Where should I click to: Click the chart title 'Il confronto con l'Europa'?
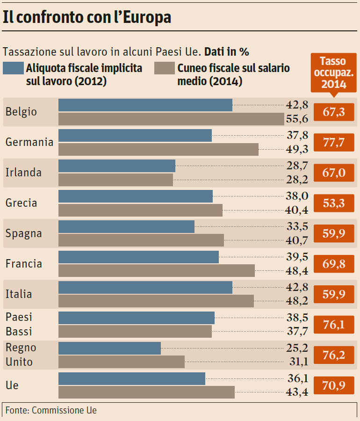pyautogui.click(x=87, y=17)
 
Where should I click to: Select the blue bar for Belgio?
pyautogui.click(x=145, y=105)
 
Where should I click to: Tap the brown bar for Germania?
pyautogui.click(x=158, y=149)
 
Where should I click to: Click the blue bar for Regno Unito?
pyautogui.click(x=109, y=348)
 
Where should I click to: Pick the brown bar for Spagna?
pyautogui.click(x=141, y=240)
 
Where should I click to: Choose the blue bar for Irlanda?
pyautogui.click(x=116, y=166)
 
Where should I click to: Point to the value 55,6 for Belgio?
pyautogui.click(x=297, y=119)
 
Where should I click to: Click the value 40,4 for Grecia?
pyautogui.click(x=297, y=210)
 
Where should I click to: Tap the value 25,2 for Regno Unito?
pyautogui.click(x=297, y=348)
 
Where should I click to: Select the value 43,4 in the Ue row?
pyautogui.click(x=297, y=392)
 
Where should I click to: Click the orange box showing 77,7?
pyautogui.click(x=334, y=142)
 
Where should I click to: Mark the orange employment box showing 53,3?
pyautogui.click(x=334, y=203)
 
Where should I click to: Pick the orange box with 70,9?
pyautogui.click(x=334, y=385)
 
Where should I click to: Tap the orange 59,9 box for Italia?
pyautogui.click(x=334, y=294)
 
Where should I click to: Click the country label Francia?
pyautogui.click(x=24, y=264)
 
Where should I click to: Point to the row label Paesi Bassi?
pyautogui.click(x=19, y=324)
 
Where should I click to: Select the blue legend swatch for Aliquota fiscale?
pyautogui.click(x=13, y=68)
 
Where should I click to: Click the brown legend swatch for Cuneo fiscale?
pyautogui.click(x=164, y=68)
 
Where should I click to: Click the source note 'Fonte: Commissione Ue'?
pyautogui.click(x=51, y=410)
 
